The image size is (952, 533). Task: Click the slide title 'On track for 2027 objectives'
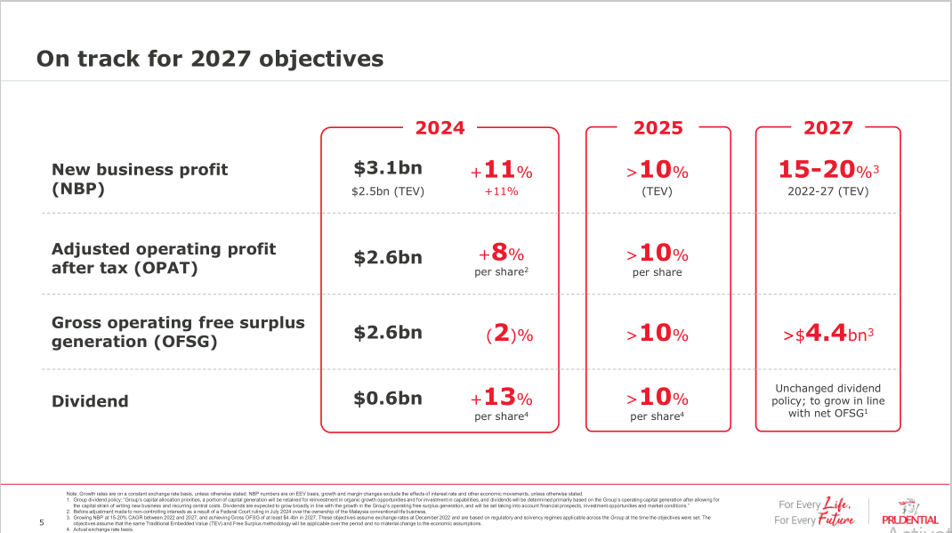(210, 59)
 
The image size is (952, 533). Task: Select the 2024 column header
(440, 128)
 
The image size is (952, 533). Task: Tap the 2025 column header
(658, 128)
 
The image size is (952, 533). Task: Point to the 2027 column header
(827, 128)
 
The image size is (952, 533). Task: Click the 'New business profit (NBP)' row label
(140, 179)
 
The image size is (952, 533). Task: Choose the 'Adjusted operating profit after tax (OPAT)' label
(164, 259)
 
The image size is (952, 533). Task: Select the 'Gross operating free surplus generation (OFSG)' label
(178, 332)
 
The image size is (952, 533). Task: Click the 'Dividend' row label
(90, 401)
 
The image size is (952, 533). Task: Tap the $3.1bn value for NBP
(388, 168)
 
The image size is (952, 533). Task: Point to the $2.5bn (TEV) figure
(388, 190)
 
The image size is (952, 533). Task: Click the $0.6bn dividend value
(388, 399)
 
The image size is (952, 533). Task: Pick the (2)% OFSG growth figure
(509, 335)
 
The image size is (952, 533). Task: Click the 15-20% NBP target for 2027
(827, 170)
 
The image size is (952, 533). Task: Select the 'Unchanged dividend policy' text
(827, 400)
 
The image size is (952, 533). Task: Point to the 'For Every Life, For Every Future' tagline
(815, 511)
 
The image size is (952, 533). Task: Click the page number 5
(42, 522)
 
